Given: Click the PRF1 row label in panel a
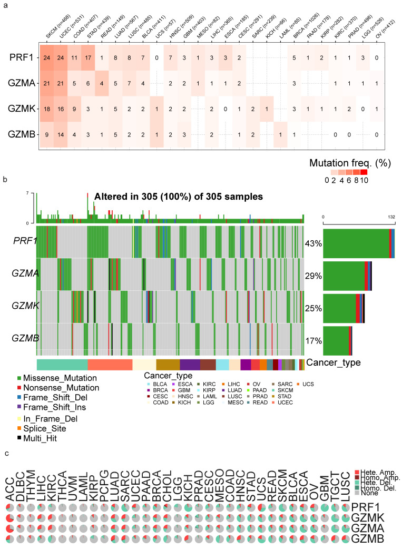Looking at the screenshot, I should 18,57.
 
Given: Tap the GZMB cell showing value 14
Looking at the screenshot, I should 61,135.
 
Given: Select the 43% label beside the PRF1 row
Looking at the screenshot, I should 313,243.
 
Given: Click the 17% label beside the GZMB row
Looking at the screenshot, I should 313,340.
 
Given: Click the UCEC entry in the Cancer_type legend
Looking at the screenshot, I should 310,403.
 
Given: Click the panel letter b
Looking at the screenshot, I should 5,180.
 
